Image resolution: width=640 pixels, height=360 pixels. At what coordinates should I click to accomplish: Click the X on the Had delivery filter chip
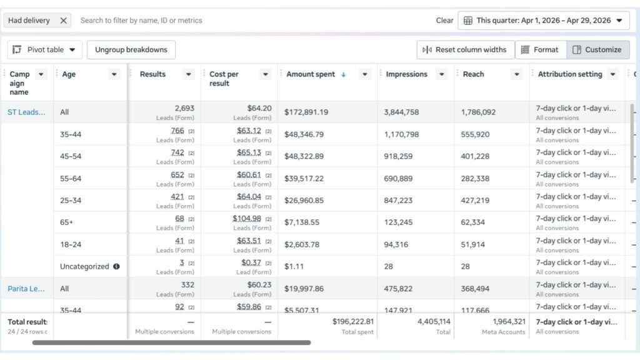[63, 21]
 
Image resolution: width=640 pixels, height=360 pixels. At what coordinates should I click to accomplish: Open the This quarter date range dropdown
[543, 21]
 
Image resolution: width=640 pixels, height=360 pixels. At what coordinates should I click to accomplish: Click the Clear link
[444, 21]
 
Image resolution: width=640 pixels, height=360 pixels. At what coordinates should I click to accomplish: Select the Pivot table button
[45, 50]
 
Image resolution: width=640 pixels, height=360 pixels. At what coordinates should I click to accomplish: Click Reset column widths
[466, 50]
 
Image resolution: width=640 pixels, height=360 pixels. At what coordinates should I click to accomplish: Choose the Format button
[540, 50]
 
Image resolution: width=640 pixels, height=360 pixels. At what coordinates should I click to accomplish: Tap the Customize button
[597, 50]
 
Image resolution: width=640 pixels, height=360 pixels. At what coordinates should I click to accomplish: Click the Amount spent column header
[311, 74]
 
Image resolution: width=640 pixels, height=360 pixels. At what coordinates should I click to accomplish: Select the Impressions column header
[406, 74]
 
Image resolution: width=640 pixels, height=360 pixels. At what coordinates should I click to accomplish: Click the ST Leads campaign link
[26, 112]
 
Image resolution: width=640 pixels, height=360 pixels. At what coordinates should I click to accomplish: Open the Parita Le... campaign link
[26, 289]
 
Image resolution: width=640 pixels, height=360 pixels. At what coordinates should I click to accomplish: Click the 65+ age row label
[66, 222]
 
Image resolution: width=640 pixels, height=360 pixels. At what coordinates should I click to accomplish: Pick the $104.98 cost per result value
[247, 218]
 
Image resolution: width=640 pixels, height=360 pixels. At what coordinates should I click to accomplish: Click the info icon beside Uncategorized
[116, 266]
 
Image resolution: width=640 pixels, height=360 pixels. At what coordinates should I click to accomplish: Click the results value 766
[177, 131]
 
